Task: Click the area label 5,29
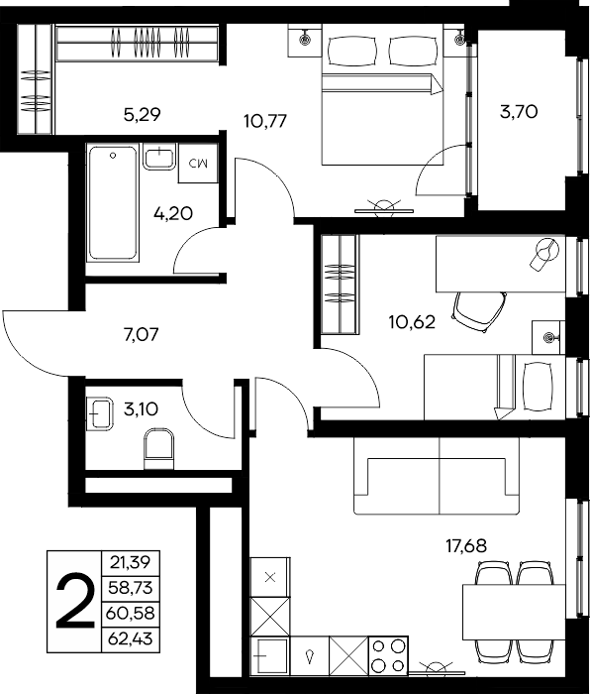(142, 115)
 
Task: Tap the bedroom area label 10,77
(265, 120)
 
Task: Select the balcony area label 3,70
(519, 111)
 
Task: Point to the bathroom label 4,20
(173, 214)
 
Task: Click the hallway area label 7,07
(141, 335)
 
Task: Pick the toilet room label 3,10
(141, 408)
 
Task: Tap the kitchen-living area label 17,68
(466, 546)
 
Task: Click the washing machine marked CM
(198, 163)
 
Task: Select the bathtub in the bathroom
(113, 203)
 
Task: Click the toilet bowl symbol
(159, 448)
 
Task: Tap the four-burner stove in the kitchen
(388, 656)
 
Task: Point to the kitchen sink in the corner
(270, 656)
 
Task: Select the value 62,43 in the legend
(130, 638)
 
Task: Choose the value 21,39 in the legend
(130, 562)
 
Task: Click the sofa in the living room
(437, 476)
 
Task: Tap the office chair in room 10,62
(479, 311)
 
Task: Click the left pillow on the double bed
(352, 51)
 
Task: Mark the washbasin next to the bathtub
(159, 157)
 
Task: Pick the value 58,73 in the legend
(130, 588)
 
